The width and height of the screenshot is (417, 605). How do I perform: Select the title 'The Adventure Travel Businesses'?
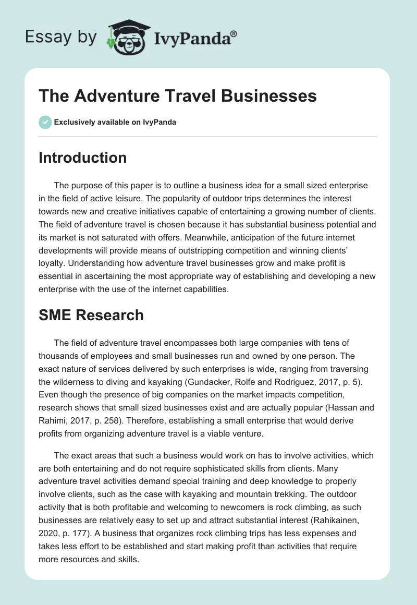(x=178, y=96)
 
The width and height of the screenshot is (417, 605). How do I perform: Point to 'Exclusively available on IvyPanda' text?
(x=115, y=122)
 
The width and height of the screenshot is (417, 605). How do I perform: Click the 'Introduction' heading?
(x=82, y=158)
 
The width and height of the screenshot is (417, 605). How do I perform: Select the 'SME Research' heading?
(x=91, y=315)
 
